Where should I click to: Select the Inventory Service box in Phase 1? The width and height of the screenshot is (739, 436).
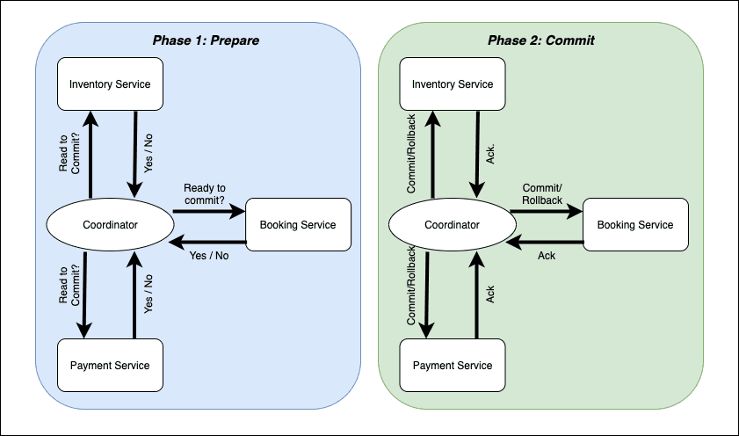coord(110,84)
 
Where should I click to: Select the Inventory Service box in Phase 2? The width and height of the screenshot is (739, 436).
coord(453,84)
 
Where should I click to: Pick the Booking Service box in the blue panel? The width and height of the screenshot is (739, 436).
coord(298,225)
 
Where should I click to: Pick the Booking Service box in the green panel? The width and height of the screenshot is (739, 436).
coord(635,225)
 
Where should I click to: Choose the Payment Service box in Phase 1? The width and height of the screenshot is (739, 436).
coord(110,366)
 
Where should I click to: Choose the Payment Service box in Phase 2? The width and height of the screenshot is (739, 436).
coord(453,366)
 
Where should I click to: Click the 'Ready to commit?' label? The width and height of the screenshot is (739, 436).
coord(205,194)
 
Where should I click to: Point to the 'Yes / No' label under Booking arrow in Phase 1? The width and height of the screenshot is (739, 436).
coord(209,256)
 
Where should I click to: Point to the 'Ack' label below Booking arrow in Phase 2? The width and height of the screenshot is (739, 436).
coord(547,256)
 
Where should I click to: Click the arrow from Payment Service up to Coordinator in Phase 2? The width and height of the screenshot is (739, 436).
coord(475,294)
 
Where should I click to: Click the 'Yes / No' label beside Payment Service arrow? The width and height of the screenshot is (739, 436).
coord(148,294)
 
